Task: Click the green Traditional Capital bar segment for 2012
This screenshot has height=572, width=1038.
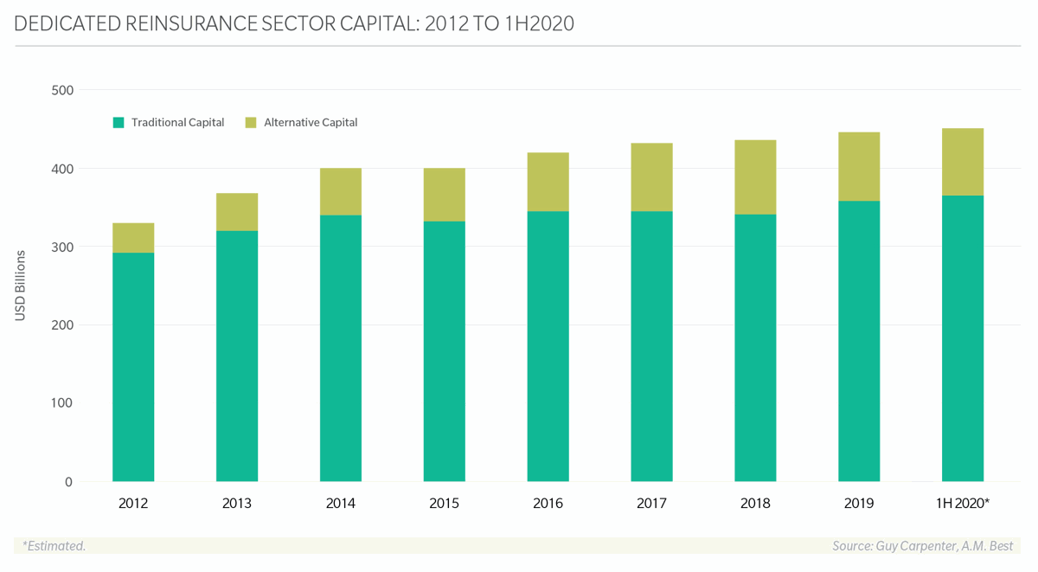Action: (x=133, y=367)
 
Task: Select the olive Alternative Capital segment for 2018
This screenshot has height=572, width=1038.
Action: (x=755, y=177)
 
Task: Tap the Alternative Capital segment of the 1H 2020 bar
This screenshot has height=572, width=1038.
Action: (x=963, y=162)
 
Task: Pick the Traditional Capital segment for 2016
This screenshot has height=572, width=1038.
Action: (x=548, y=346)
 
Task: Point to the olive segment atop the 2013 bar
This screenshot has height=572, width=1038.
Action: (x=237, y=212)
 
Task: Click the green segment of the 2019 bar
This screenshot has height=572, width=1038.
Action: (x=859, y=341)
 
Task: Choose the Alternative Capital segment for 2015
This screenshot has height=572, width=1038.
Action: (x=445, y=195)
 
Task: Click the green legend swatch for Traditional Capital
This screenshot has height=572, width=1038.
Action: (x=119, y=123)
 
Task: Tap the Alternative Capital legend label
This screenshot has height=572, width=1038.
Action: (x=311, y=123)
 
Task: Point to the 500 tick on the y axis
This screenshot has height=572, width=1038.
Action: (x=63, y=90)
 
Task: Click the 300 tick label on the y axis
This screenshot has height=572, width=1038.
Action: (x=63, y=247)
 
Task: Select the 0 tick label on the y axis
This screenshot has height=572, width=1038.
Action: (x=68, y=482)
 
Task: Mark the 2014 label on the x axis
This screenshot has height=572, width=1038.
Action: (x=341, y=504)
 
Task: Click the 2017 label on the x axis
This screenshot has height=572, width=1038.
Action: (x=651, y=504)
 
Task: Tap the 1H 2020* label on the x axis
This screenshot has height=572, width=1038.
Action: (x=963, y=504)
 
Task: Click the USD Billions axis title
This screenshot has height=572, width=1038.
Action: (x=21, y=286)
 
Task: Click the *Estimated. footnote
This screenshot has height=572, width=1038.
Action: (x=54, y=546)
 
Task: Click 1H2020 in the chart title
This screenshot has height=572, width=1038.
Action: (x=535, y=23)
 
